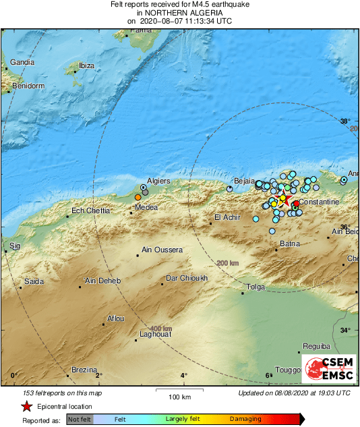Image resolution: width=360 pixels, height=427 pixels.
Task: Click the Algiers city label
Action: tap(158, 181)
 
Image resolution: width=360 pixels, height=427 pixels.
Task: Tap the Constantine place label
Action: tap(319, 202)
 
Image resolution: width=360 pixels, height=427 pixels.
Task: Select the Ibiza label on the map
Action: tap(86, 65)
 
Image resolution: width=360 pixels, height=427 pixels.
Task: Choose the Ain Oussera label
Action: tap(162, 250)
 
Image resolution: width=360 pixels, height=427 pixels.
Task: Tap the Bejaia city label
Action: tap(244, 181)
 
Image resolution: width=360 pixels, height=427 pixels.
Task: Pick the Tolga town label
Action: tap(256, 287)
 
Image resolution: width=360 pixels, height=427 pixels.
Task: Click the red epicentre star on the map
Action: tap(284, 199)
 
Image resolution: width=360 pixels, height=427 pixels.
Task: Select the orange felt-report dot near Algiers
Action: tap(138, 196)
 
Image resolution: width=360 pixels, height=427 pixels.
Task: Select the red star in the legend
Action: tap(26, 406)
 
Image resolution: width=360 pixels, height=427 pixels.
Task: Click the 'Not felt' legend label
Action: tap(80, 420)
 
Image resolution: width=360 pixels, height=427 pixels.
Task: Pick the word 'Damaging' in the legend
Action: tap(245, 420)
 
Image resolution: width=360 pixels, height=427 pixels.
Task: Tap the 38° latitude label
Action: tap(345, 122)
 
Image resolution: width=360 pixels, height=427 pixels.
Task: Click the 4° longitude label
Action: tap(183, 376)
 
